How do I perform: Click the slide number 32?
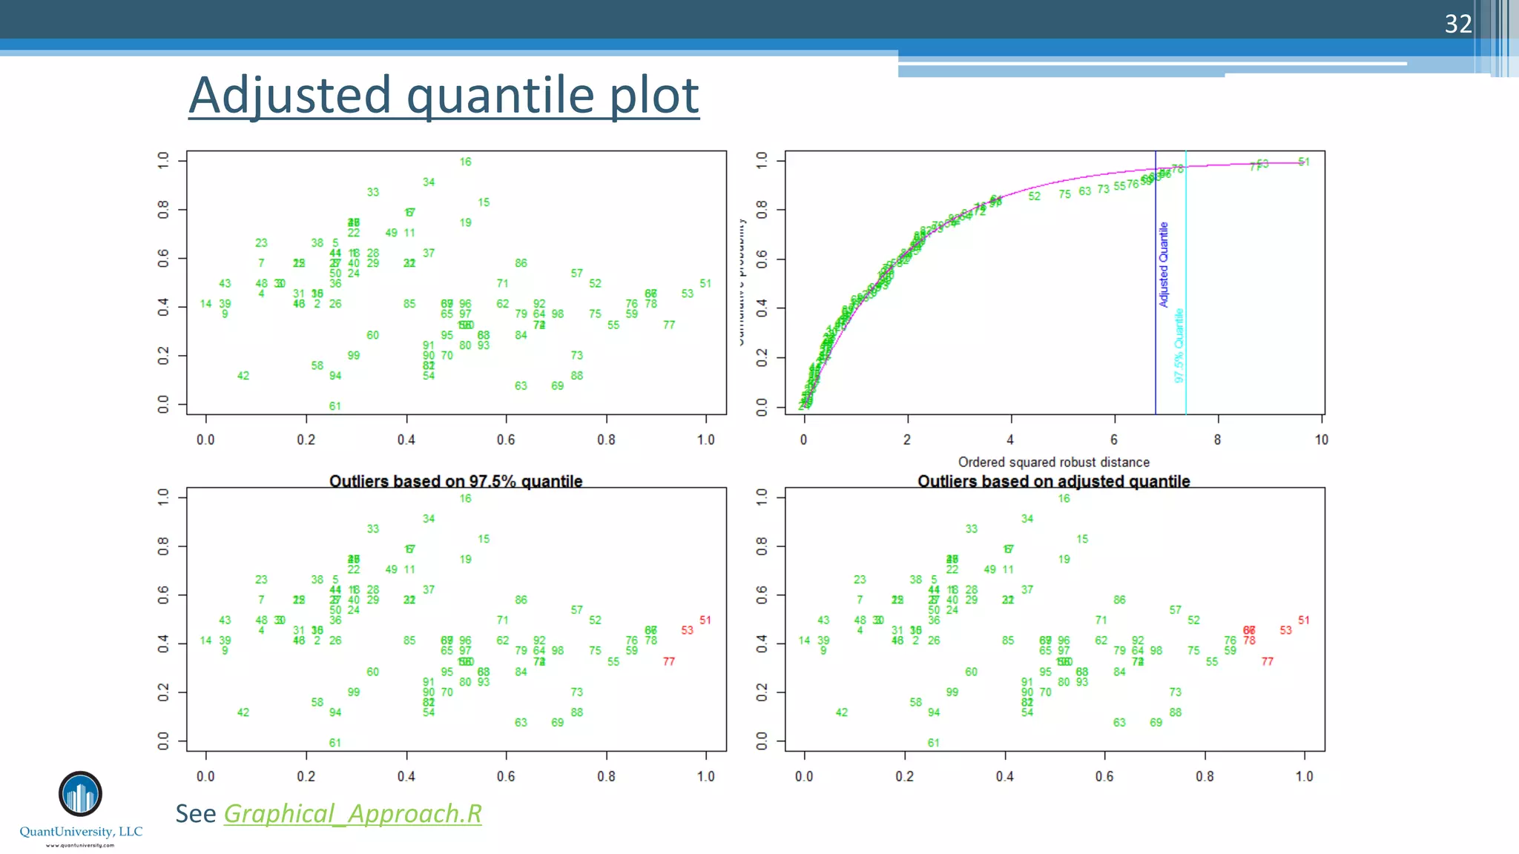point(1457,24)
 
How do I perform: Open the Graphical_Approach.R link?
point(352,814)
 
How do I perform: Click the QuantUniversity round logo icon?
point(80,794)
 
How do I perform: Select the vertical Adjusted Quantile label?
point(1164,265)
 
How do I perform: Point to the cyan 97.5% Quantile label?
point(1179,345)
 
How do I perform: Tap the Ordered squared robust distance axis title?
point(1053,462)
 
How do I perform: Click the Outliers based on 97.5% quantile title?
point(455,481)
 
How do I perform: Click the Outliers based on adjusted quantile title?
point(1053,481)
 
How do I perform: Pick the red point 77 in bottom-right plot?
point(1267,661)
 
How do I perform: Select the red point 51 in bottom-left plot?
point(705,620)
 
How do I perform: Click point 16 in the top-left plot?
point(465,162)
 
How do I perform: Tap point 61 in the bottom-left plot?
point(335,743)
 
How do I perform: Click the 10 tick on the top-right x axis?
point(1321,440)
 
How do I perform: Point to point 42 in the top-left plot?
point(243,376)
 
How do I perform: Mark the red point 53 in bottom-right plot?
point(1285,630)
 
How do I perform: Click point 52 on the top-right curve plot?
point(1034,196)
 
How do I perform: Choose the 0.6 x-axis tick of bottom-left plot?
point(506,776)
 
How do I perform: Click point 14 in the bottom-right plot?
point(804,640)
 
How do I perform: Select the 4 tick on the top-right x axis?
point(1009,440)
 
